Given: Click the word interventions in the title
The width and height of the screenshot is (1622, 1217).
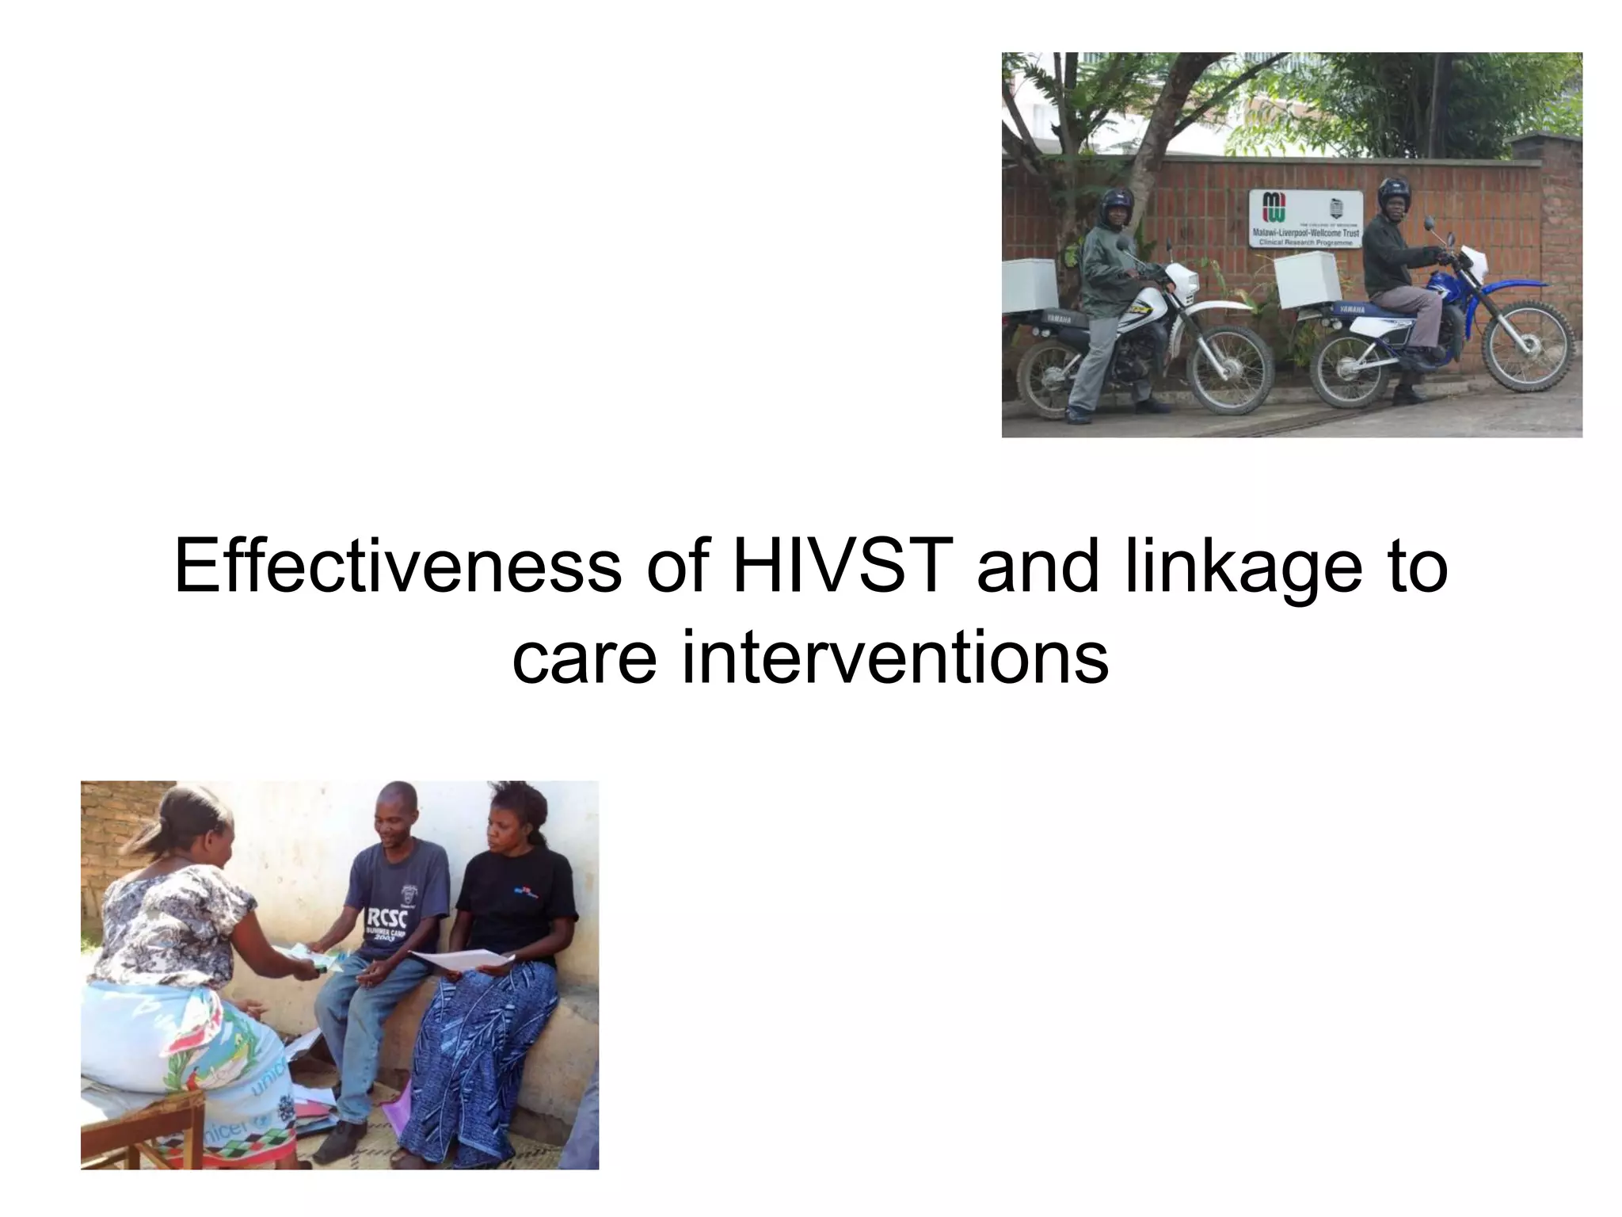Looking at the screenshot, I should coord(894,657).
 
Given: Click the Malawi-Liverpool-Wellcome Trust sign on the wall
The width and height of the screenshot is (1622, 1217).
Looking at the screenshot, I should coord(1306,219).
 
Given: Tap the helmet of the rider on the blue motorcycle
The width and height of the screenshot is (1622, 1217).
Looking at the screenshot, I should coord(1393,195).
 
